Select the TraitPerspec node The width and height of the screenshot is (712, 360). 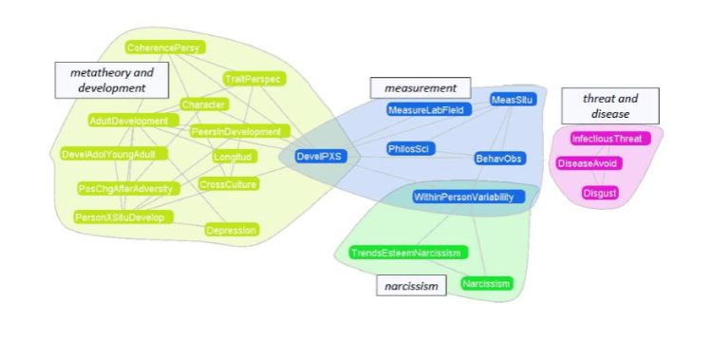point(253,79)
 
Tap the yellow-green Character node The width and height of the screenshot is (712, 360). point(203,104)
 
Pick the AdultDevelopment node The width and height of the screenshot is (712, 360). point(128,121)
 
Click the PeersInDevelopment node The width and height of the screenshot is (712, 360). point(236,131)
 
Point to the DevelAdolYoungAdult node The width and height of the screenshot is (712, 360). point(114,154)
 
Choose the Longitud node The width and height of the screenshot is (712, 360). point(233,156)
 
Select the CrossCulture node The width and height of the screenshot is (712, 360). point(228,184)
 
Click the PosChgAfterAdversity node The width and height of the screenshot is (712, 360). point(126,188)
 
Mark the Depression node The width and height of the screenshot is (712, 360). point(232,230)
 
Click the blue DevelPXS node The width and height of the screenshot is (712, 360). point(318,157)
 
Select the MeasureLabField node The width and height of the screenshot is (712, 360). point(425,110)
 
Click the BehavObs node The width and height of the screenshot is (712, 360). point(499,159)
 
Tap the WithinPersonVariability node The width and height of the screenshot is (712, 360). point(463,197)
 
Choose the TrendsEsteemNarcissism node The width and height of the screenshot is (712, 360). point(405,253)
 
